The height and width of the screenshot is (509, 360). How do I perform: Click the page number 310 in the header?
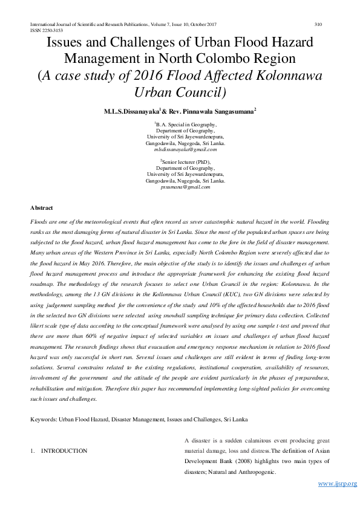[x=318, y=24]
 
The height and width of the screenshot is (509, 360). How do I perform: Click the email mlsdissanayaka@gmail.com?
[x=186, y=149]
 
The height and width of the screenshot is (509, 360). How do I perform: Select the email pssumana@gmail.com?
[x=186, y=187]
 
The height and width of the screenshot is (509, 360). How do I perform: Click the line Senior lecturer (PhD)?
[x=187, y=163]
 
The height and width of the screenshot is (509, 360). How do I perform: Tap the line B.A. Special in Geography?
[x=186, y=125]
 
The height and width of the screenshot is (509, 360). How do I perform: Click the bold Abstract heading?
[x=41, y=208]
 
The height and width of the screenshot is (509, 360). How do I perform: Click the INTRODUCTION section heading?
[x=64, y=451]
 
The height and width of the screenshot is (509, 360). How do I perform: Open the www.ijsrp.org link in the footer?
[x=337, y=484]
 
